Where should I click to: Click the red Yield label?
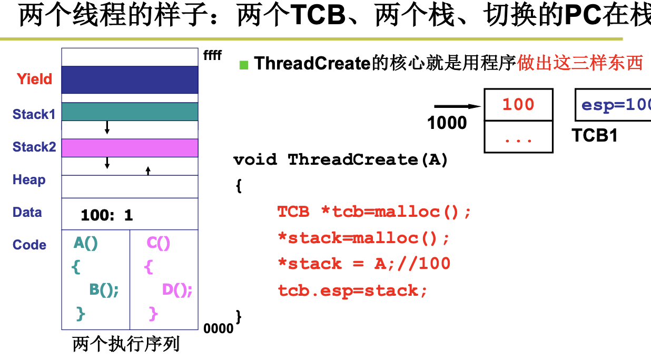(34, 79)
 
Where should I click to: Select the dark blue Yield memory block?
(130, 79)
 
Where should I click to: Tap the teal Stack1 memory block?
(130, 112)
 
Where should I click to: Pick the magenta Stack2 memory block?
(130, 148)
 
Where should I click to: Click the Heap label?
(29, 180)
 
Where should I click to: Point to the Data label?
(27, 213)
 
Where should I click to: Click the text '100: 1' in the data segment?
(107, 215)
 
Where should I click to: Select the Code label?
(29, 245)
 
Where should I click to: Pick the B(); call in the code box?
(104, 290)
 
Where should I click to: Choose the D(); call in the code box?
(177, 290)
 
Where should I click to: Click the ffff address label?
(213, 55)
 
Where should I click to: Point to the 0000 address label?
(218, 328)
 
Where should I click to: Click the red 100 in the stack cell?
(518, 104)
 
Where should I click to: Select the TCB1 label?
(595, 136)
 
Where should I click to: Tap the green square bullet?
(243, 65)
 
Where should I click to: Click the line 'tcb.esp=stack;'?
(352, 290)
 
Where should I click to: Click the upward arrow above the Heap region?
(148, 170)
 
